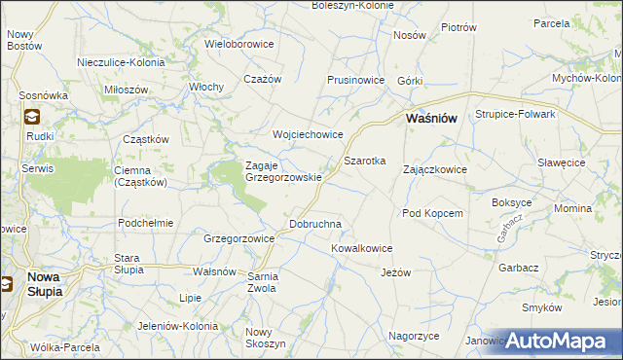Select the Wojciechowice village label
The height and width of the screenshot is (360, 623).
point(309,135)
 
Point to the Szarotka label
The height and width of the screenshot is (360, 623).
point(365,160)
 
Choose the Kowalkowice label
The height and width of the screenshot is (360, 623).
point(361,248)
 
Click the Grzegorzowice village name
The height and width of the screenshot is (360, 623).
point(238,238)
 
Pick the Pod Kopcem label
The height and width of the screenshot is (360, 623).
point(431,213)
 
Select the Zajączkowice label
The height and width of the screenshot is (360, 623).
point(435,169)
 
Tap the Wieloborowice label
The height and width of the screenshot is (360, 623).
point(239,44)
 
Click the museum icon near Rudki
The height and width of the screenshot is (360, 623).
point(31,117)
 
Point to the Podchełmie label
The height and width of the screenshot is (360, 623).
point(145,223)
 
